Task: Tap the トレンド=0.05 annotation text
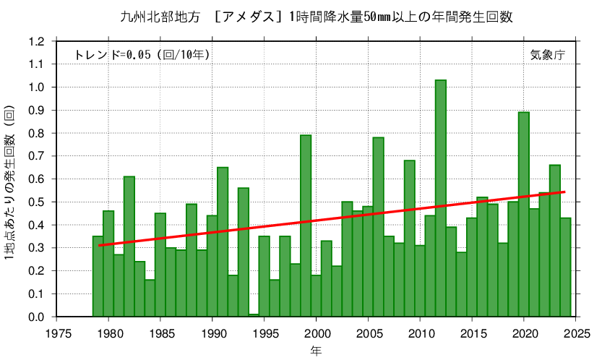point(142,55)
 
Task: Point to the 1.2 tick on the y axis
point(36,41)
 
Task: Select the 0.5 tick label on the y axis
point(36,202)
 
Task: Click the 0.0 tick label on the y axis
point(36,317)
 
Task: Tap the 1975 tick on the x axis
point(58,333)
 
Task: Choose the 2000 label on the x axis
point(317,333)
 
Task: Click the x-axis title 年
point(317,351)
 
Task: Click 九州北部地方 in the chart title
point(153,17)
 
